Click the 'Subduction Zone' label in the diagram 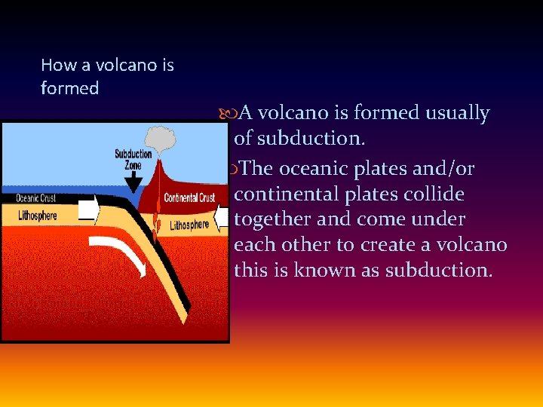pyautogui.click(x=133, y=159)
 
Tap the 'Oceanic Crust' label pyautogui.click(x=35, y=199)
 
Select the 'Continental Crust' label pyautogui.click(x=189, y=197)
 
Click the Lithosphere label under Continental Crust pyautogui.click(x=189, y=225)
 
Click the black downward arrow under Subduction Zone pyautogui.click(x=133, y=182)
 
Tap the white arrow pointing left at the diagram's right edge pyautogui.click(x=221, y=218)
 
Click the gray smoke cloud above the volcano pyautogui.click(x=159, y=138)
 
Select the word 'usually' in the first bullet pyautogui.click(x=457, y=113)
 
